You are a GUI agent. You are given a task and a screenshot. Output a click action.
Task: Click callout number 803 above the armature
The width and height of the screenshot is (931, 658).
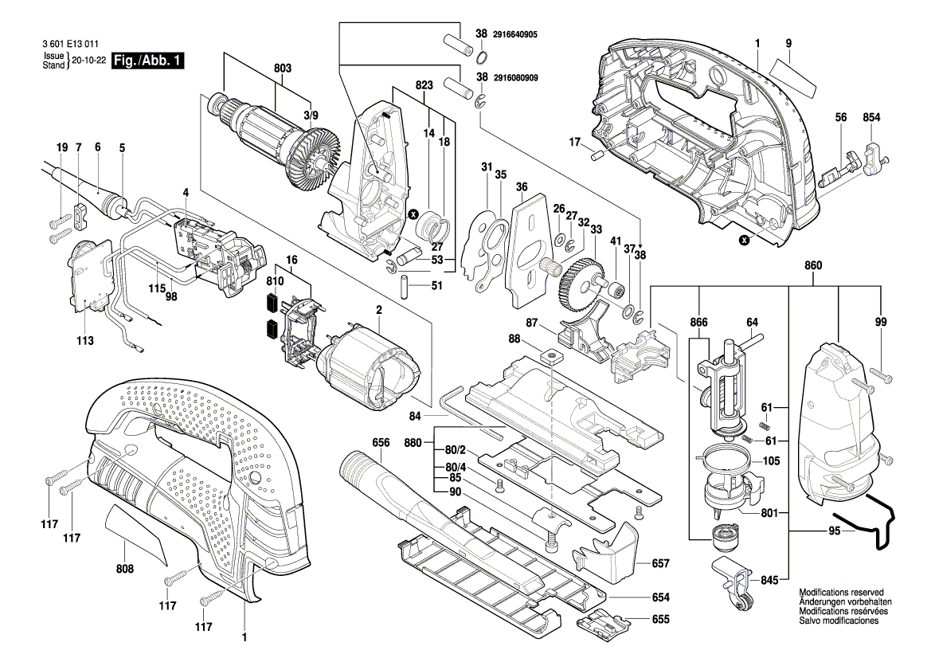(283, 69)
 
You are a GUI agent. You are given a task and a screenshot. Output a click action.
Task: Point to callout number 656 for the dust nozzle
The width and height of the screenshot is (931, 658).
(381, 442)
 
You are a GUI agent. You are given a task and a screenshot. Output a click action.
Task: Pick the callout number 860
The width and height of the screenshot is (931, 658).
(813, 264)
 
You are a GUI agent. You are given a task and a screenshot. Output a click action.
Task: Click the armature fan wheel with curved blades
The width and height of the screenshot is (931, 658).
(316, 159)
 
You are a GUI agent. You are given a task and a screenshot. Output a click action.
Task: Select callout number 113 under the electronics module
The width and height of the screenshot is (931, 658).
(85, 341)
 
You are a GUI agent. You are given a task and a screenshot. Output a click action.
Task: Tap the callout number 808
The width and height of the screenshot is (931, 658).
(125, 570)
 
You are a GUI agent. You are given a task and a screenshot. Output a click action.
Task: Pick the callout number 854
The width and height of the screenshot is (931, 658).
(872, 118)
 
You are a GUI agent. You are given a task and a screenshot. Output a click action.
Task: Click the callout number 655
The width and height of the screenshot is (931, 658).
(660, 619)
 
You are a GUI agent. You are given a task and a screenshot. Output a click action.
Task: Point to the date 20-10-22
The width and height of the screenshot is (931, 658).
(89, 61)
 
